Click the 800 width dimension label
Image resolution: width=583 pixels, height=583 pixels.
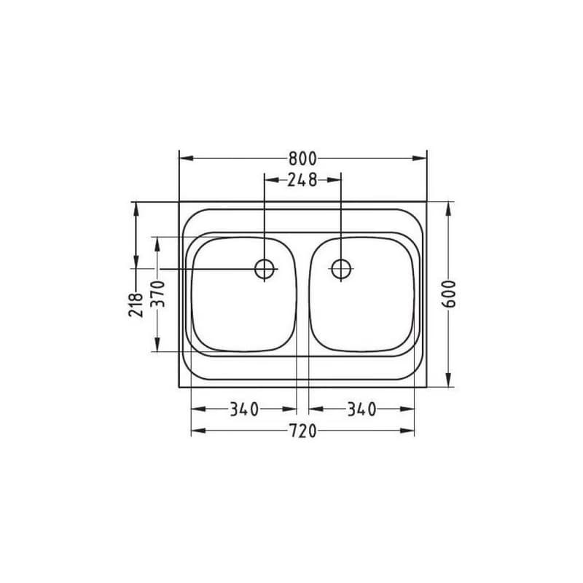tap(302, 159)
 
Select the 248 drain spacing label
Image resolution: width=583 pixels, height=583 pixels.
tap(302, 180)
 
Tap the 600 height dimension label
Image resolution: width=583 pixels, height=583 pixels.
tap(449, 294)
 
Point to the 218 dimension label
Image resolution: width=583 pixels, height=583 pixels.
tap(136, 305)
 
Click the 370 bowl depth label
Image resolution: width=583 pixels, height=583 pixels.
tap(157, 294)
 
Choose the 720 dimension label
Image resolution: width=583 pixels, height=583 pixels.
tap(302, 431)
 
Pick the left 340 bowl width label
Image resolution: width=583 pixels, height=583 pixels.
tap(244, 410)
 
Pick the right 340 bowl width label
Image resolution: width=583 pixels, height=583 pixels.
tap(361, 410)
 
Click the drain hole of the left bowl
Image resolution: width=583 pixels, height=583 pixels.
tap(265, 268)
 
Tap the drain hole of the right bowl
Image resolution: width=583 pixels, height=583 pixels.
tap(341, 268)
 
